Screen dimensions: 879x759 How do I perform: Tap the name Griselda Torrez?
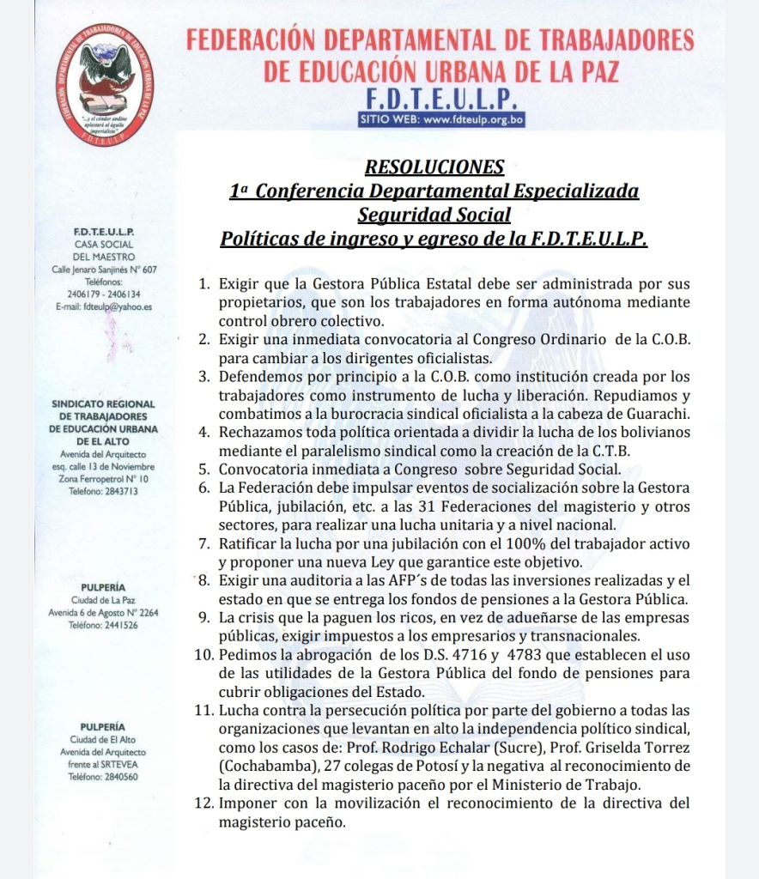point(636,747)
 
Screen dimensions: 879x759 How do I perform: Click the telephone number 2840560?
point(103,776)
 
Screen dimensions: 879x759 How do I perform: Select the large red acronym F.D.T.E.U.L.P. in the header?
point(440,97)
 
